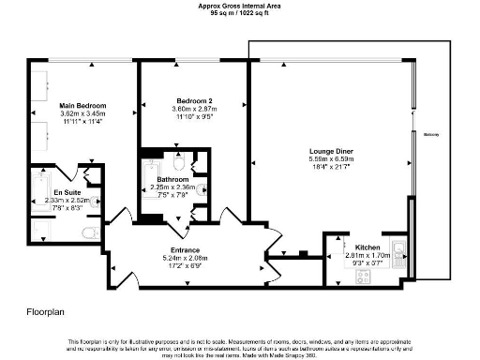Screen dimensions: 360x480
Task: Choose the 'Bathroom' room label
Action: pos(173,179)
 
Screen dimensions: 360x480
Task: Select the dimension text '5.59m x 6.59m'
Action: pos(330,158)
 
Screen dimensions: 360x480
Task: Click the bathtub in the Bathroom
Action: pos(151,187)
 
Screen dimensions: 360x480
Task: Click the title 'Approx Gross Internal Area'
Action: pos(239,5)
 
